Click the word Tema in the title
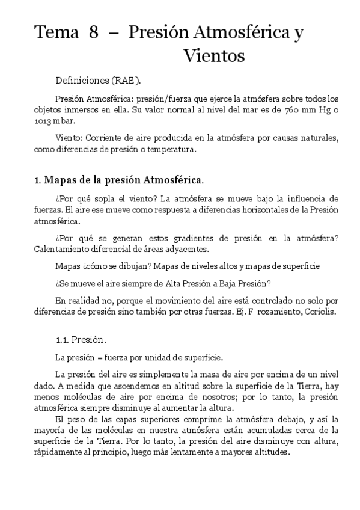point(53,33)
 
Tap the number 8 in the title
point(94,33)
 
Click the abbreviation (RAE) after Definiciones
point(129,80)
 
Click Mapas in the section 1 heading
point(61,179)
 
